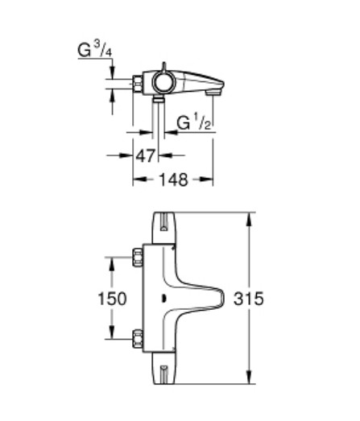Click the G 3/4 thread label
[94, 50]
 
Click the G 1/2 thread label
[194, 122]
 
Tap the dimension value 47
[145, 155]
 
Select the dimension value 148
[173, 180]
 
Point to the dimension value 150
[112, 299]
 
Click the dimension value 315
[249, 299]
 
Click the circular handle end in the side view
[163, 82]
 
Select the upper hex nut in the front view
[137, 258]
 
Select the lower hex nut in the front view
[137, 339]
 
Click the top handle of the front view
[163, 228]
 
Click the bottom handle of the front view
[163, 368]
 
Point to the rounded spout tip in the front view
[222, 298]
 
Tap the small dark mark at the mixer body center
[163, 299]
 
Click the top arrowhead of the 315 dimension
[250, 219]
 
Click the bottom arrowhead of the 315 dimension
[250, 378]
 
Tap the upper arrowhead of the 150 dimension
[112, 264]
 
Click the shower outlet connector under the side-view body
[158, 98]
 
